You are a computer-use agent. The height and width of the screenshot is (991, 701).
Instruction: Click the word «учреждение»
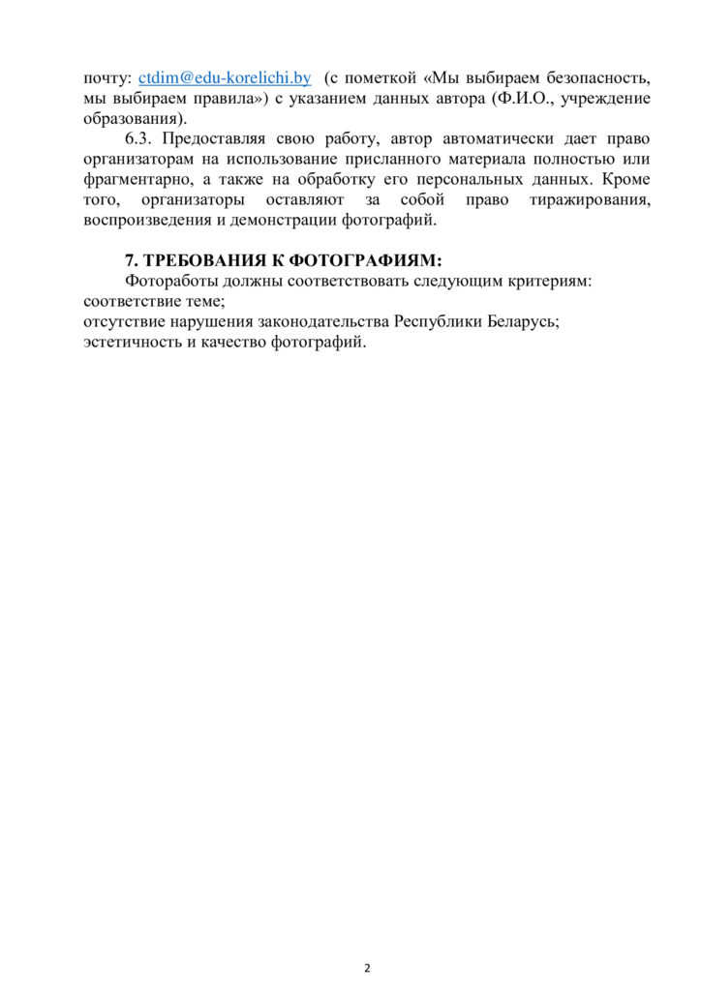click(607, 98)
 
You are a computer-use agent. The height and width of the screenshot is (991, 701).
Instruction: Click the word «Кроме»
click(625, 180)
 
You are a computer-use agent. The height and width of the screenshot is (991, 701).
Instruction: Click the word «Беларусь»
click(517, 322)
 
